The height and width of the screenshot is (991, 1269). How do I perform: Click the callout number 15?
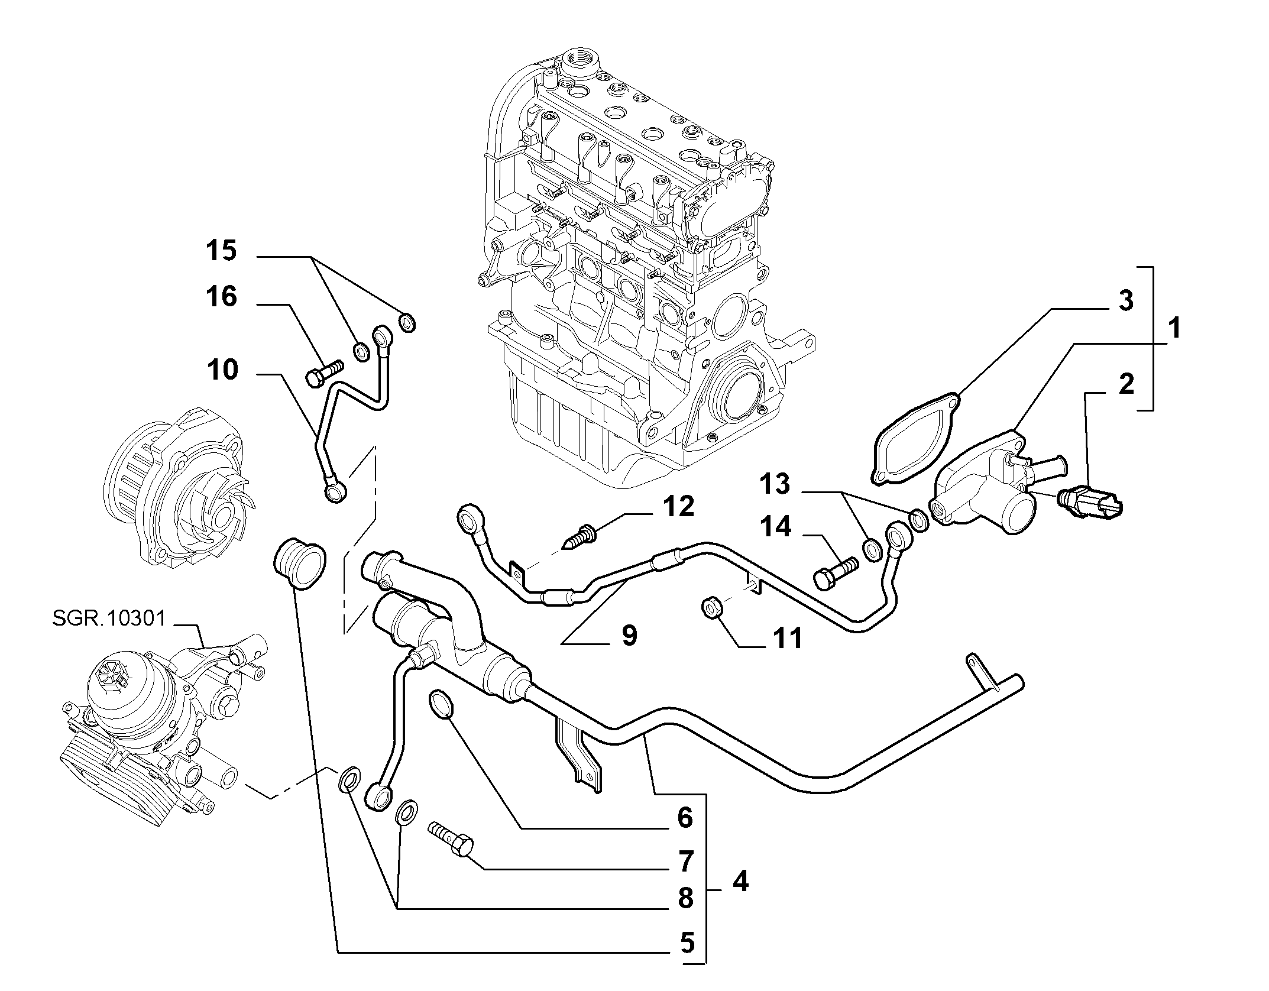pyautogui.click(x=221, y=251)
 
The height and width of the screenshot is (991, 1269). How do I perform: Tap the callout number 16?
pyautogui.click(x=221, y=296)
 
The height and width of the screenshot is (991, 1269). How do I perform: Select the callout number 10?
pyautogui.click(x=222, y=370)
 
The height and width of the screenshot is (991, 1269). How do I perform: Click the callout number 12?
pyautogui.click(x=678, y=507)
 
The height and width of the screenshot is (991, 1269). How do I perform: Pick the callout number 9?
pyautogui.click(x=629, y=636)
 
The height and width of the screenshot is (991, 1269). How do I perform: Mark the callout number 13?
pyautogui.click(x=775, y=484)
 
